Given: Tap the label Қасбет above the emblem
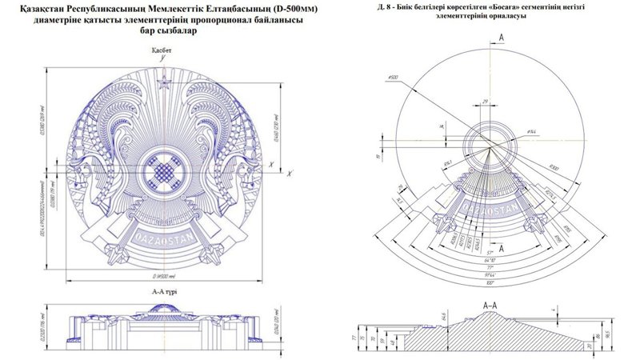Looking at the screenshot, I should (x=163, y=50).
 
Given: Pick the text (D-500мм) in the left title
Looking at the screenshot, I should (x=270, y=9).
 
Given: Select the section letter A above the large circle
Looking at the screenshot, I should (x=500, y=38).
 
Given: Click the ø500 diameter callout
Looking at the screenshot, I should (x=393, y=78).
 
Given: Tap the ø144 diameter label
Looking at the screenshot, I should (x=530, y=130).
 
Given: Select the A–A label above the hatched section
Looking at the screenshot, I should (x=491, y=305).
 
